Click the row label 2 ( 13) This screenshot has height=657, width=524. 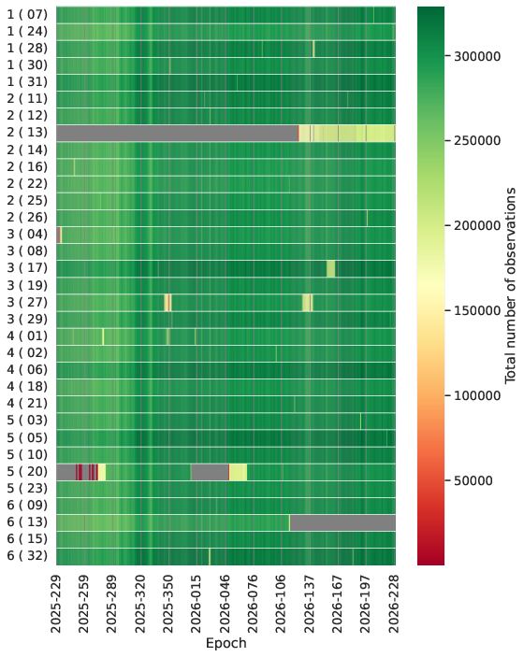tap(27, 133)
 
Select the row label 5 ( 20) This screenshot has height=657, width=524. tap(27, 471)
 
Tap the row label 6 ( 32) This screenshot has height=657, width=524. tap(27, 556)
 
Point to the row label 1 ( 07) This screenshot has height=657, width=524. tap(27, 15)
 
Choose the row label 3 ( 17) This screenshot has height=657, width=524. tap(27, 267)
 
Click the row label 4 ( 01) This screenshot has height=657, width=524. tap(27, 336)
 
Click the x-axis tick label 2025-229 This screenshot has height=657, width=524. tap(56, 605)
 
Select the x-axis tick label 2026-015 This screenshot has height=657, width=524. tap(196, 605)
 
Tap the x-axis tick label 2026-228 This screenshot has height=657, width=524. tap(394, 605)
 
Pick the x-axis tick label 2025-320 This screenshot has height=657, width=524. tap(140, 605)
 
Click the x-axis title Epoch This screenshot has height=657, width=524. tap(226, 644)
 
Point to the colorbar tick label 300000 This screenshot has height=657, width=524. tap(477, 56)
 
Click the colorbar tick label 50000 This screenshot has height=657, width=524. tap(473, 480)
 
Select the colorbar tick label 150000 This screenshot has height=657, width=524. tap(477, 311)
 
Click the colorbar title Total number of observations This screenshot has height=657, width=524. tap(510, 286)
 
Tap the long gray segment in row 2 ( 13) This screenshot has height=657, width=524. tap(177, 133)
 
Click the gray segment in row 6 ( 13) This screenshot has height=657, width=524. tap(342, 523)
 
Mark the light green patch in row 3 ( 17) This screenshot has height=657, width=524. tap(331, 268)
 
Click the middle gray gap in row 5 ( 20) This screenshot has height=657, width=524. tap(210, 472)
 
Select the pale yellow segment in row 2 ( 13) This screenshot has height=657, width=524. tap(347, 133)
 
